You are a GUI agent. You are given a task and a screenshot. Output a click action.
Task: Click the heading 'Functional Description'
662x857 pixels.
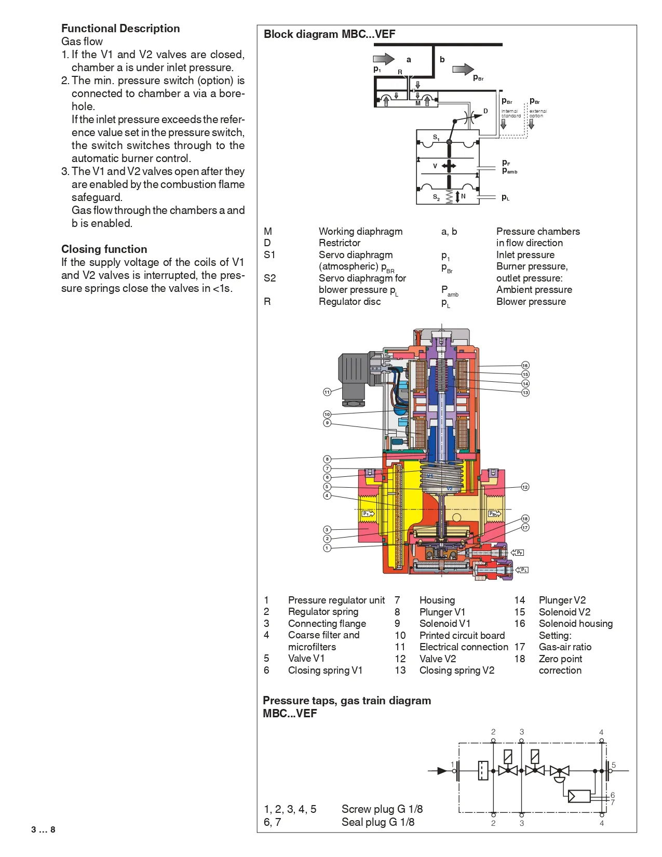[x=120, y=29]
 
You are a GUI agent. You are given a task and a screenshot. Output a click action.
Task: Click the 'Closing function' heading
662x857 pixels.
[x=104, y=249]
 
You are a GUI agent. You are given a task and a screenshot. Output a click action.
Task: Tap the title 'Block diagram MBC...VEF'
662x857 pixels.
[x=329, y=34]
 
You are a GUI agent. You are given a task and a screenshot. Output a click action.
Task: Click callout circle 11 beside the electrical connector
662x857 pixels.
[x=327, y=392]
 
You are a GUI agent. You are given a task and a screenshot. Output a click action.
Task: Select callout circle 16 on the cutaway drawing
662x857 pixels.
[x=525, y=366]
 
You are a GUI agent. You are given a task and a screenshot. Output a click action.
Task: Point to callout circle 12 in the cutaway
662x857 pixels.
[x=525, y=487]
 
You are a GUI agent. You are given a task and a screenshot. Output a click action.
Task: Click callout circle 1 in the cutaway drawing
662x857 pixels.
[x=327, y=548]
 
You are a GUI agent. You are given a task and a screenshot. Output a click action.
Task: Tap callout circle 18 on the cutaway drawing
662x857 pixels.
[x=525, y=519]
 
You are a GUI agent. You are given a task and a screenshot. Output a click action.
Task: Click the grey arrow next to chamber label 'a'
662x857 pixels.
[x=384, y=59]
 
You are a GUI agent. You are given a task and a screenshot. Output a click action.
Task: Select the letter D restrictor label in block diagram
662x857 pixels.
[x=485, y=111]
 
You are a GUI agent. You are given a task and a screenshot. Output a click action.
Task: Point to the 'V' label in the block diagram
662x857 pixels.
[x=435, y=166]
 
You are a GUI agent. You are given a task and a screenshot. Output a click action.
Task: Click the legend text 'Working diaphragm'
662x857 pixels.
[x=360, y=232]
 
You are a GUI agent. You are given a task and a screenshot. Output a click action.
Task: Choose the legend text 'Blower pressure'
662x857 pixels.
[x=531, y=302]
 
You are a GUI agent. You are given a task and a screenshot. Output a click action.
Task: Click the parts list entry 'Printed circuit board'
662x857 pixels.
[x=462, y=635]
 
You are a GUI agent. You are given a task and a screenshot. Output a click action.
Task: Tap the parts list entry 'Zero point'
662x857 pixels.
[x=560, y=659]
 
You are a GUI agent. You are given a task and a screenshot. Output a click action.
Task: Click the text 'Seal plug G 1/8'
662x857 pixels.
[x=377, y=822]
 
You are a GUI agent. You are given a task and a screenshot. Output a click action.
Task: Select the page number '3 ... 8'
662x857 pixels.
[x=43, y=830]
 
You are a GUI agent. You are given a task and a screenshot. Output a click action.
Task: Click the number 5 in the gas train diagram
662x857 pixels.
[x=613, y=765]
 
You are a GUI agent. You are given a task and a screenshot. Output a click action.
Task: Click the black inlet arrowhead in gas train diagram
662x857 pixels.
[x=442, y=771]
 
